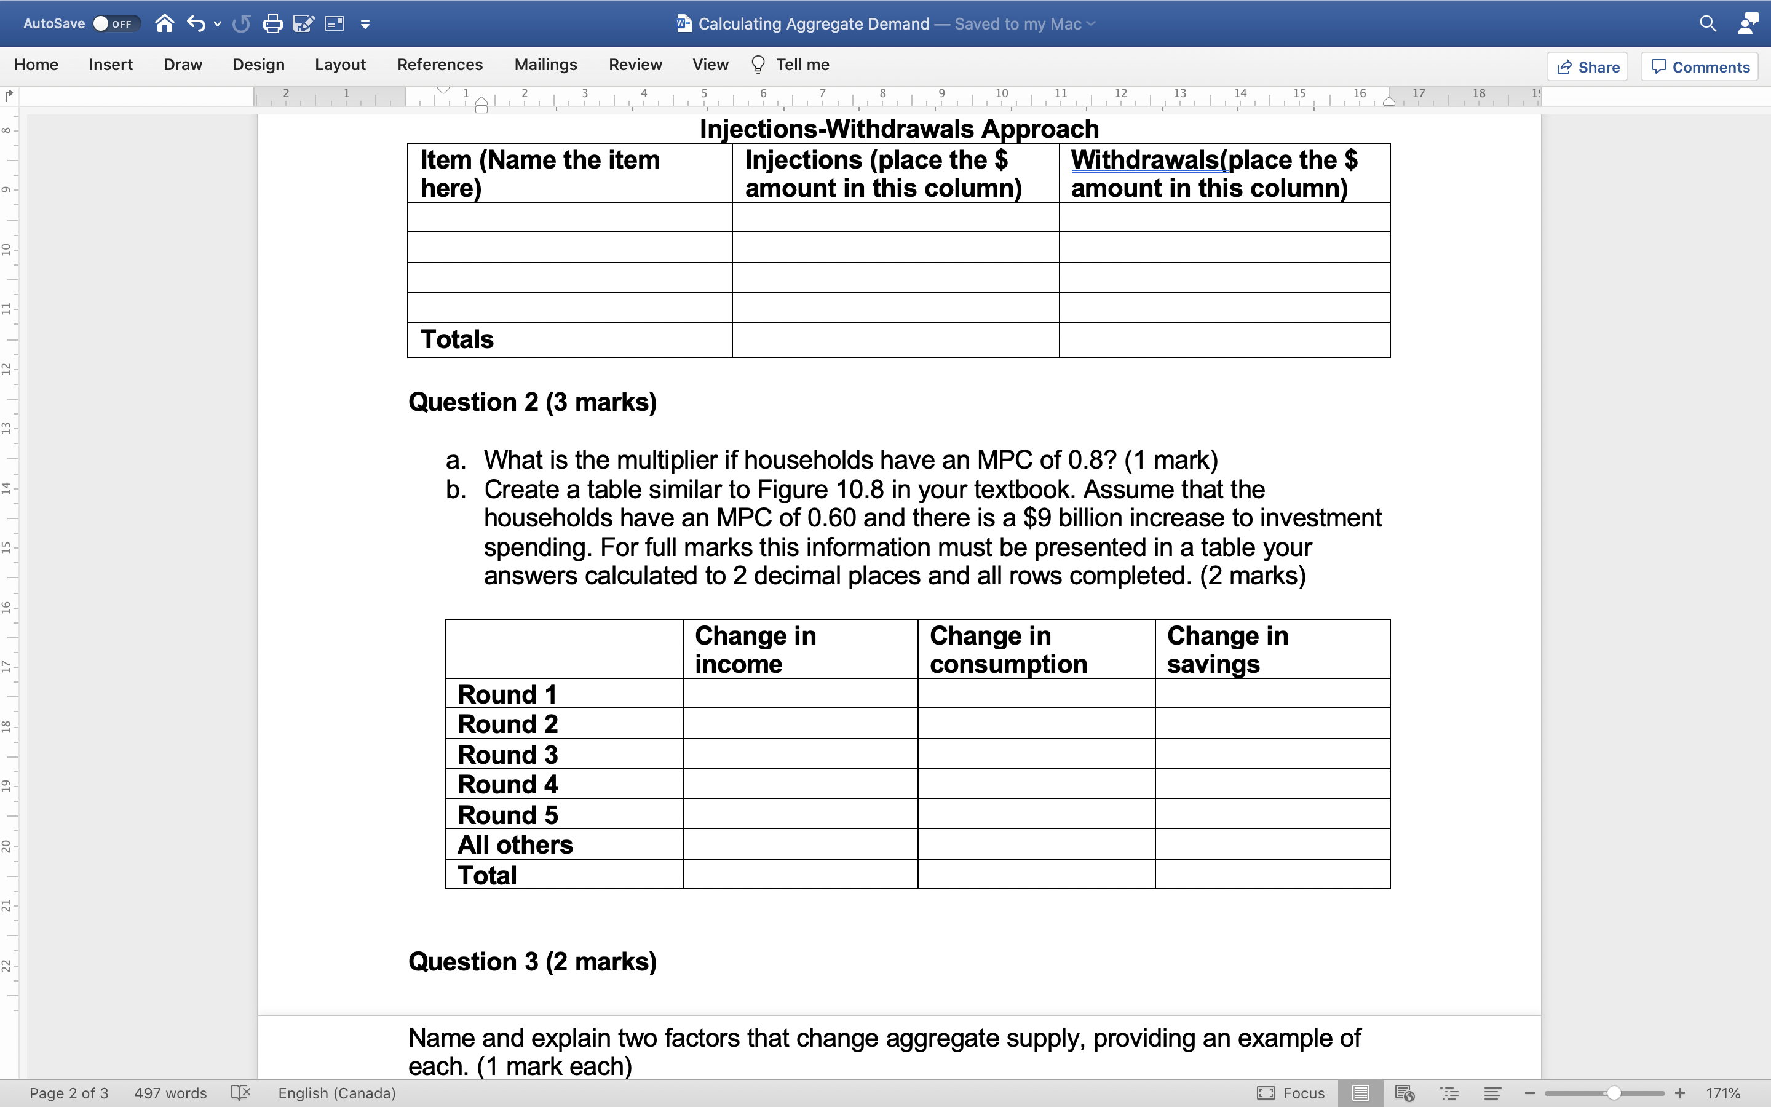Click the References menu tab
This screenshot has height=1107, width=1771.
pyautogui.click(x=440, y=65)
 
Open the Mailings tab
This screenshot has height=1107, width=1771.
pyautogui.click(x=545, y=65)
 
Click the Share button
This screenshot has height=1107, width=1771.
pyautogui.click(x=1587, y=66)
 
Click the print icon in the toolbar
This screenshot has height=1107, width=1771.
pyautogui.click(x=272, y=23)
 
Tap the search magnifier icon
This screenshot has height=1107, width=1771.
pyautogui.click(x=1707, y=23)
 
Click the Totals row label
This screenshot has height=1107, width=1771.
pyautogui.click(x=458, y=339)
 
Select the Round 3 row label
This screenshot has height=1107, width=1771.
pyautogui.click(x=508, y=754)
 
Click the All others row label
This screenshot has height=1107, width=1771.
pyautogui.click(x=515, y=845)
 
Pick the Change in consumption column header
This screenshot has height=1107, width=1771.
pyautogui.click(x=1008, y=649)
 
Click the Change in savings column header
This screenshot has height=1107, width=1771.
pyautogui.click(x=1227, y=649)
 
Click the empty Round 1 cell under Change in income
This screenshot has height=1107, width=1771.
pyautogui.click(x=800, y=693)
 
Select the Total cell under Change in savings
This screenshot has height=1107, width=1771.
pyautogui.click(x=1272, y=875)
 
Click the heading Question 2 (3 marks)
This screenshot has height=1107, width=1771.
pyautogui.click(x=533, y=402)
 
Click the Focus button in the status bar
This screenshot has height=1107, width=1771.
pyautogui.click(x=1291, y=1093)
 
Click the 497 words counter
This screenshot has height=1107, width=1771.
pyautogui.click(x=170, y=1093)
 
